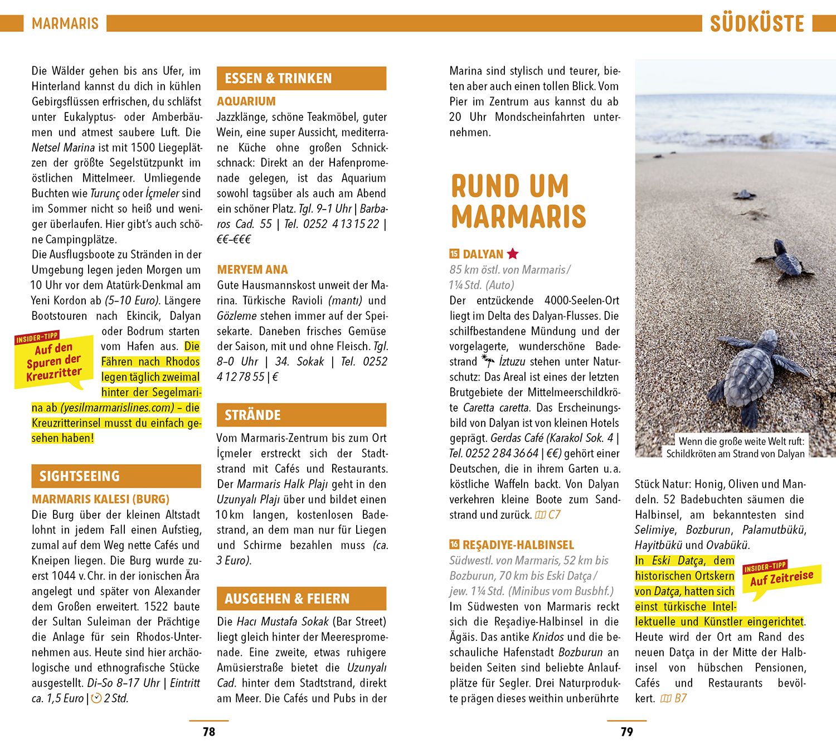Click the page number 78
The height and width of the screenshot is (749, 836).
point(209,732)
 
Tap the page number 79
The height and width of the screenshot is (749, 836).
point(627,732)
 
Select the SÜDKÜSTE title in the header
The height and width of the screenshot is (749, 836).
point(757,24)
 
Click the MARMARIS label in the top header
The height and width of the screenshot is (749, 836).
point(65,24)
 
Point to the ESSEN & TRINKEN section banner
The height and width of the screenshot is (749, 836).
point(301,79)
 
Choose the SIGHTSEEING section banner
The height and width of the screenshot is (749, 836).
point(116,476)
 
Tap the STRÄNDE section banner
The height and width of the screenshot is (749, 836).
point(301,415)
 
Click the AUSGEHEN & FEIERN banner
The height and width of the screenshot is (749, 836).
point(301,599)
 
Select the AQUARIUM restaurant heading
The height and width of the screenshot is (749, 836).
point(246,101)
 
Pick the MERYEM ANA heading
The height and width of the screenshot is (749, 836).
point(252,270)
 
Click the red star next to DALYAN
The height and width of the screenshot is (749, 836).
point(513,254)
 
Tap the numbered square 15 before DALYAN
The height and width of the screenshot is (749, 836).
point(454,254)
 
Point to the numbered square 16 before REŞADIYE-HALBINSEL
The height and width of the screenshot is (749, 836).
point(454,544)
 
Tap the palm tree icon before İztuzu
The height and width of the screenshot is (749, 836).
point(488,361)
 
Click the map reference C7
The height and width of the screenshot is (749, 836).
point(548,515)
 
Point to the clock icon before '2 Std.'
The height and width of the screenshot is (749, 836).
point(96,698)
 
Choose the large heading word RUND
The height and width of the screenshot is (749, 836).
point(509,186)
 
